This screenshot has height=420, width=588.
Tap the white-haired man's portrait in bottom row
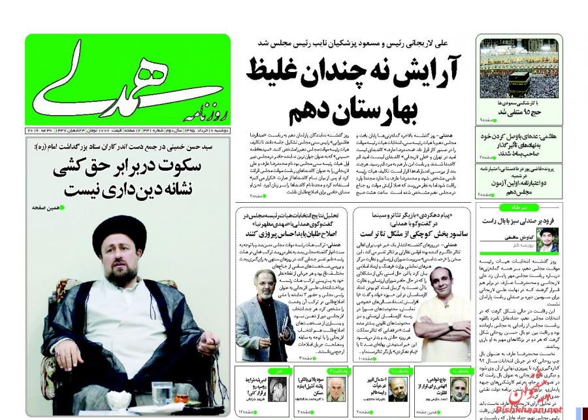tap(335, 390)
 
